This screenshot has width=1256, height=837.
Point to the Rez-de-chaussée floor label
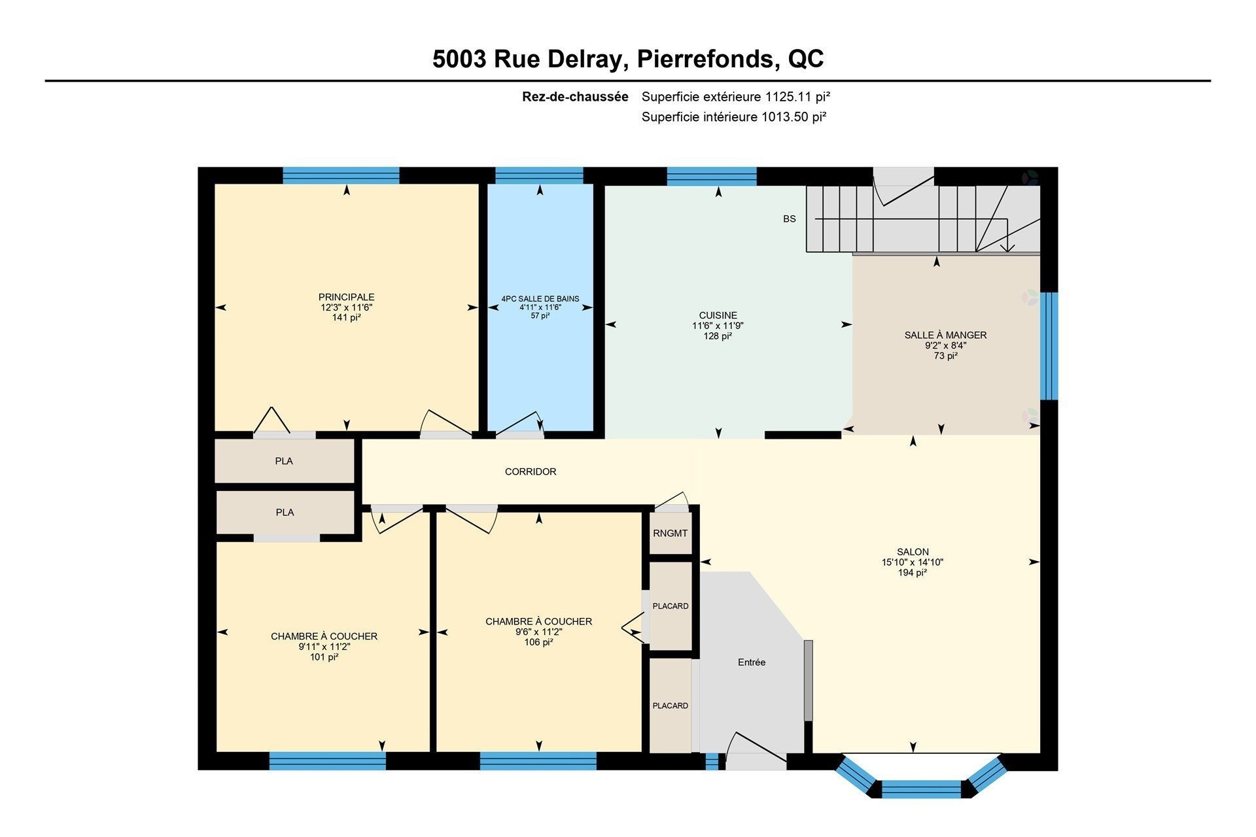(574, 97)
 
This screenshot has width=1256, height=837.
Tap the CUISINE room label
(718, 315)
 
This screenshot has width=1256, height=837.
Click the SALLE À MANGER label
(945, 335)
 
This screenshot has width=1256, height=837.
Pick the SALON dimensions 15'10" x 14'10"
(912, 562)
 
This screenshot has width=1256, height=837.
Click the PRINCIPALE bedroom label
(346, 297)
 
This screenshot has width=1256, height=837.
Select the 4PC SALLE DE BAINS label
(540, 299)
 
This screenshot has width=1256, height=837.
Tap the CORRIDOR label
(530, 471)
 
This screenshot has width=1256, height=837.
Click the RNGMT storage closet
(670, 534)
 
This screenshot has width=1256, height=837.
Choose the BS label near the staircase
(789, 218)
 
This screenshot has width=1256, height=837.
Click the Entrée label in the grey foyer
(751, 662)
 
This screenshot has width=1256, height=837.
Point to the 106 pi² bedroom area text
(538, 643)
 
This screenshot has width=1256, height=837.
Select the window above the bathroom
(539, 175)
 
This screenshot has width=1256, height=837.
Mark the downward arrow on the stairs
(1008, 245)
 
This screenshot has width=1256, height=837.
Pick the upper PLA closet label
(283, 461)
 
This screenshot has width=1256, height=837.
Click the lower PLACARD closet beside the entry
(670, 706)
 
